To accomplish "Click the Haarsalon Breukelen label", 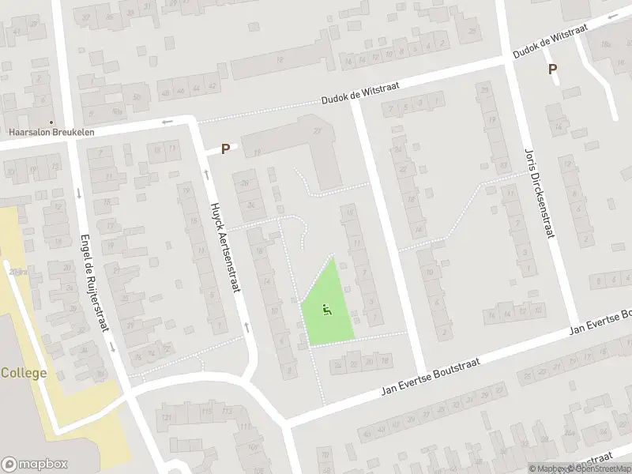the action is coord(51,132).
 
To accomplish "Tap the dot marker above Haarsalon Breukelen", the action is coord(51,122).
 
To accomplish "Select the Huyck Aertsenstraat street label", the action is coord(224,247).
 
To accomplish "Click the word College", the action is coord(24,373).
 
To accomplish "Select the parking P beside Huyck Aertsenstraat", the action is coord(225,149).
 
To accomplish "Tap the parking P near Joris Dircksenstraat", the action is coord(553,70).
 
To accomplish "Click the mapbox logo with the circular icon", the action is coord(34,465).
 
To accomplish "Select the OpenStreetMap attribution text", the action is coord(598,468).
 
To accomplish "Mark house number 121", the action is coord(166,417).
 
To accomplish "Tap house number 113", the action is coord(228,411).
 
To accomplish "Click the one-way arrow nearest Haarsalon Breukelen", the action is coord(167,122).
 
